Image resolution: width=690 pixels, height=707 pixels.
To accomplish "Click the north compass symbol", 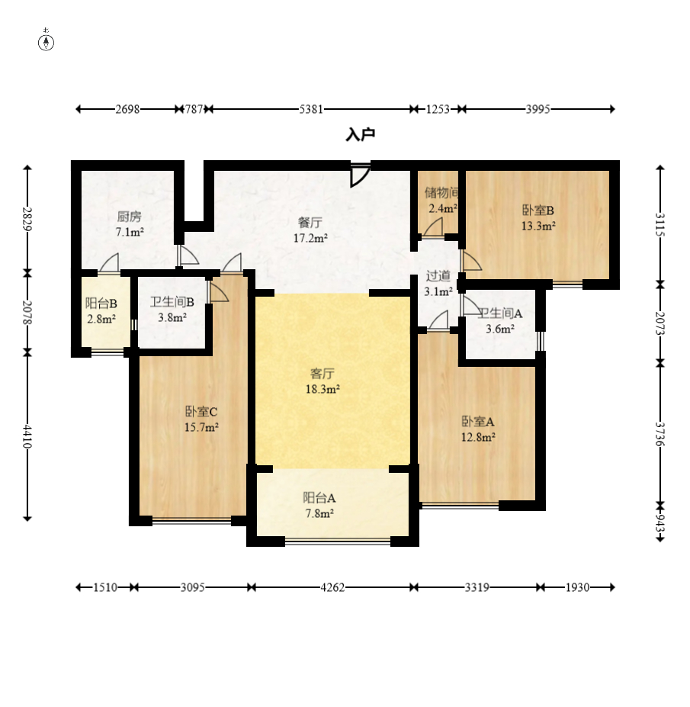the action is (x=46, y=41).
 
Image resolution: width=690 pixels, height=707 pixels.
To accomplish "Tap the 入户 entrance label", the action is (x=360, y=134).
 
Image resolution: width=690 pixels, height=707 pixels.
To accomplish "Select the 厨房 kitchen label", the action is (x=130, y=217).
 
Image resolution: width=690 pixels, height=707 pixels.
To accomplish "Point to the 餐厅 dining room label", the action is (x=310, y=223).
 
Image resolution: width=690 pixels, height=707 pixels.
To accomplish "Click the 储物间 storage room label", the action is (x=441, y=193).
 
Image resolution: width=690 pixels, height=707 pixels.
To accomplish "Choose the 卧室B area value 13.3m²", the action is (x=538, y=226).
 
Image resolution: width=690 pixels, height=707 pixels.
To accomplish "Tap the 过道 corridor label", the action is (x=438, y=275).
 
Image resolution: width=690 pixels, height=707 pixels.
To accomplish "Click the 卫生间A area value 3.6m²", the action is (x=500, y=329).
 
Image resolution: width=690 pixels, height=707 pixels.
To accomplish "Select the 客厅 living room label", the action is (x=323, y=374).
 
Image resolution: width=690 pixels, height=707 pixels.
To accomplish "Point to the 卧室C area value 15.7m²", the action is (x=201, y=427).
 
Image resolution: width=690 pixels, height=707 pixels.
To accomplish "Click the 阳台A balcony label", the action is (x=319, y=498).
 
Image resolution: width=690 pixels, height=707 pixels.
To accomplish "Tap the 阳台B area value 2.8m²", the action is (x=101, y=320).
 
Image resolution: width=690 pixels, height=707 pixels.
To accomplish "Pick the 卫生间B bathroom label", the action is (x=172, y=302).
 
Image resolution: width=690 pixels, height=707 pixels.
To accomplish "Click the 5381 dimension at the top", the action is (x=311, y=110).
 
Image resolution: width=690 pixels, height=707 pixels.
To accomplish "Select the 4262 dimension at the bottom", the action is (x=332, y=587).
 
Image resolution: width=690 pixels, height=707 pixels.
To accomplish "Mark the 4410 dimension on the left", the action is (x=27, y=436).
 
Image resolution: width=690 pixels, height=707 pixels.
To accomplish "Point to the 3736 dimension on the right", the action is (x=660, y=434).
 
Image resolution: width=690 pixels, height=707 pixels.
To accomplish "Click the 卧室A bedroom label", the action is (x=478, y=422).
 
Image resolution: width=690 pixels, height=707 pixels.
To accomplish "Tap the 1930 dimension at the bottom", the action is (x=577, y=587).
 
